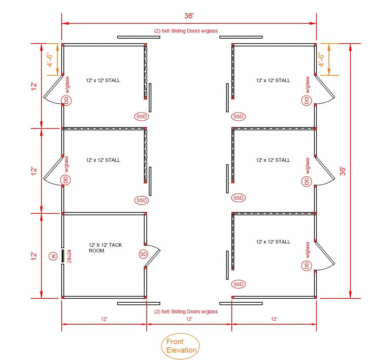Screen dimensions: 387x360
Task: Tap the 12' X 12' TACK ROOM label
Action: pos(105,248)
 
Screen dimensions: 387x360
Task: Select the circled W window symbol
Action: pos(53,256)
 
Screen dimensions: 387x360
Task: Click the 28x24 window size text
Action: pos(69,256)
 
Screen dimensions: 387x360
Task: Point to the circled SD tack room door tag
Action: pos(144,254)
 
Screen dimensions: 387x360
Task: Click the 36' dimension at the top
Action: pos(189,16)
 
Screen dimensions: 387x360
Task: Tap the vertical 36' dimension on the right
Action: pos(343,171)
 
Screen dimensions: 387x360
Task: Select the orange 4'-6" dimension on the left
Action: pos(50,59)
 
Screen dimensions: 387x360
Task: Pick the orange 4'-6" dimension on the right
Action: pos(321,59)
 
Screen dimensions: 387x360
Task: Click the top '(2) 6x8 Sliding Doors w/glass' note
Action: pos(186,31)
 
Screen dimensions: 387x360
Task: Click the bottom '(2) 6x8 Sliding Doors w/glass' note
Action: pos(186,312)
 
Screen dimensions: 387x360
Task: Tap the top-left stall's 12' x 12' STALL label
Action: pos(103,80)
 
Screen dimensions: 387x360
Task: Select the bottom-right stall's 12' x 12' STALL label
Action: pos(273,242)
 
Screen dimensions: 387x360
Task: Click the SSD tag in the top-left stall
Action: pos(142,116)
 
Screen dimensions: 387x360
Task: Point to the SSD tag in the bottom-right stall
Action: pos(239,284)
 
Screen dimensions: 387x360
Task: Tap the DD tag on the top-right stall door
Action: pos(307,101)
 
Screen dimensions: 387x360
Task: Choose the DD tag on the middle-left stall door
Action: pos(66,180)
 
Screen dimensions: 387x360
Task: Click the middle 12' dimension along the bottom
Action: pos(189,319)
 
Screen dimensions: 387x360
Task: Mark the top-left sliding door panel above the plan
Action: pos(139,37)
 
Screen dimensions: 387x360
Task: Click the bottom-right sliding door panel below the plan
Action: pos(241,303)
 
